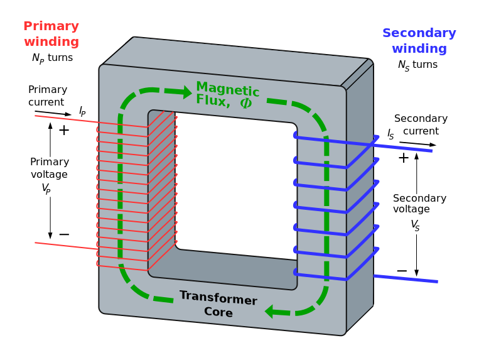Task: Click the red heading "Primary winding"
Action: click(51, 35)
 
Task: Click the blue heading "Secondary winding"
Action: click(419, 41)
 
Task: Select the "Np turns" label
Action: click(52, 58)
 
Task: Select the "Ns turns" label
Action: click(417, 65)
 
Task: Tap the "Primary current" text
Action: click(47, 95)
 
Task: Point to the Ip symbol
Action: click(82, 111)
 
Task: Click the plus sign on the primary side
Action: click(63, 130)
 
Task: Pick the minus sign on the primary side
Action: click(63, 234)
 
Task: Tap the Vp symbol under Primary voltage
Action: click(46, 188)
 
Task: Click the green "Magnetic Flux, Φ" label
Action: click(227, 95)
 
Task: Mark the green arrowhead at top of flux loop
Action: click(187, 92)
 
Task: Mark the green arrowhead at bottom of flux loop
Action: click(269, 311)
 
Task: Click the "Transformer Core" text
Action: click(218, 304)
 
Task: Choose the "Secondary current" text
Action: click(421, 125)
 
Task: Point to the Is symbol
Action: click(390, 134)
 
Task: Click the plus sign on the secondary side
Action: click(403, 158)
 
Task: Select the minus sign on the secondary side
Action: click(402, 271)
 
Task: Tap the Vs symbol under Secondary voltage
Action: click(415, 224)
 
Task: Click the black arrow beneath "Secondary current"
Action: click(417, 144)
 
